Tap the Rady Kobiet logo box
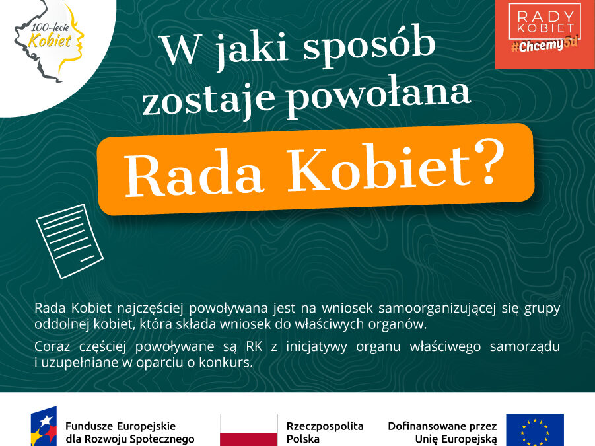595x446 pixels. (545, 34)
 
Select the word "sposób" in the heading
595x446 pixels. (369, 47)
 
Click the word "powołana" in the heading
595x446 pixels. (378, 96)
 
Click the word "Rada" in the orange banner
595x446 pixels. (194, 172)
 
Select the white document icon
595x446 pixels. (70, 241)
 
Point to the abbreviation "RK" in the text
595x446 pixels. (254, 346)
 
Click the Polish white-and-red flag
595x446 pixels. (249, 429)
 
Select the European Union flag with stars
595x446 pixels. (535, 429)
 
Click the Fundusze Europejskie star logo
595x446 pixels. (44, 426)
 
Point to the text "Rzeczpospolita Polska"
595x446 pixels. (325, 433)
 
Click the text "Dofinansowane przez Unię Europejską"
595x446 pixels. (442, 433)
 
